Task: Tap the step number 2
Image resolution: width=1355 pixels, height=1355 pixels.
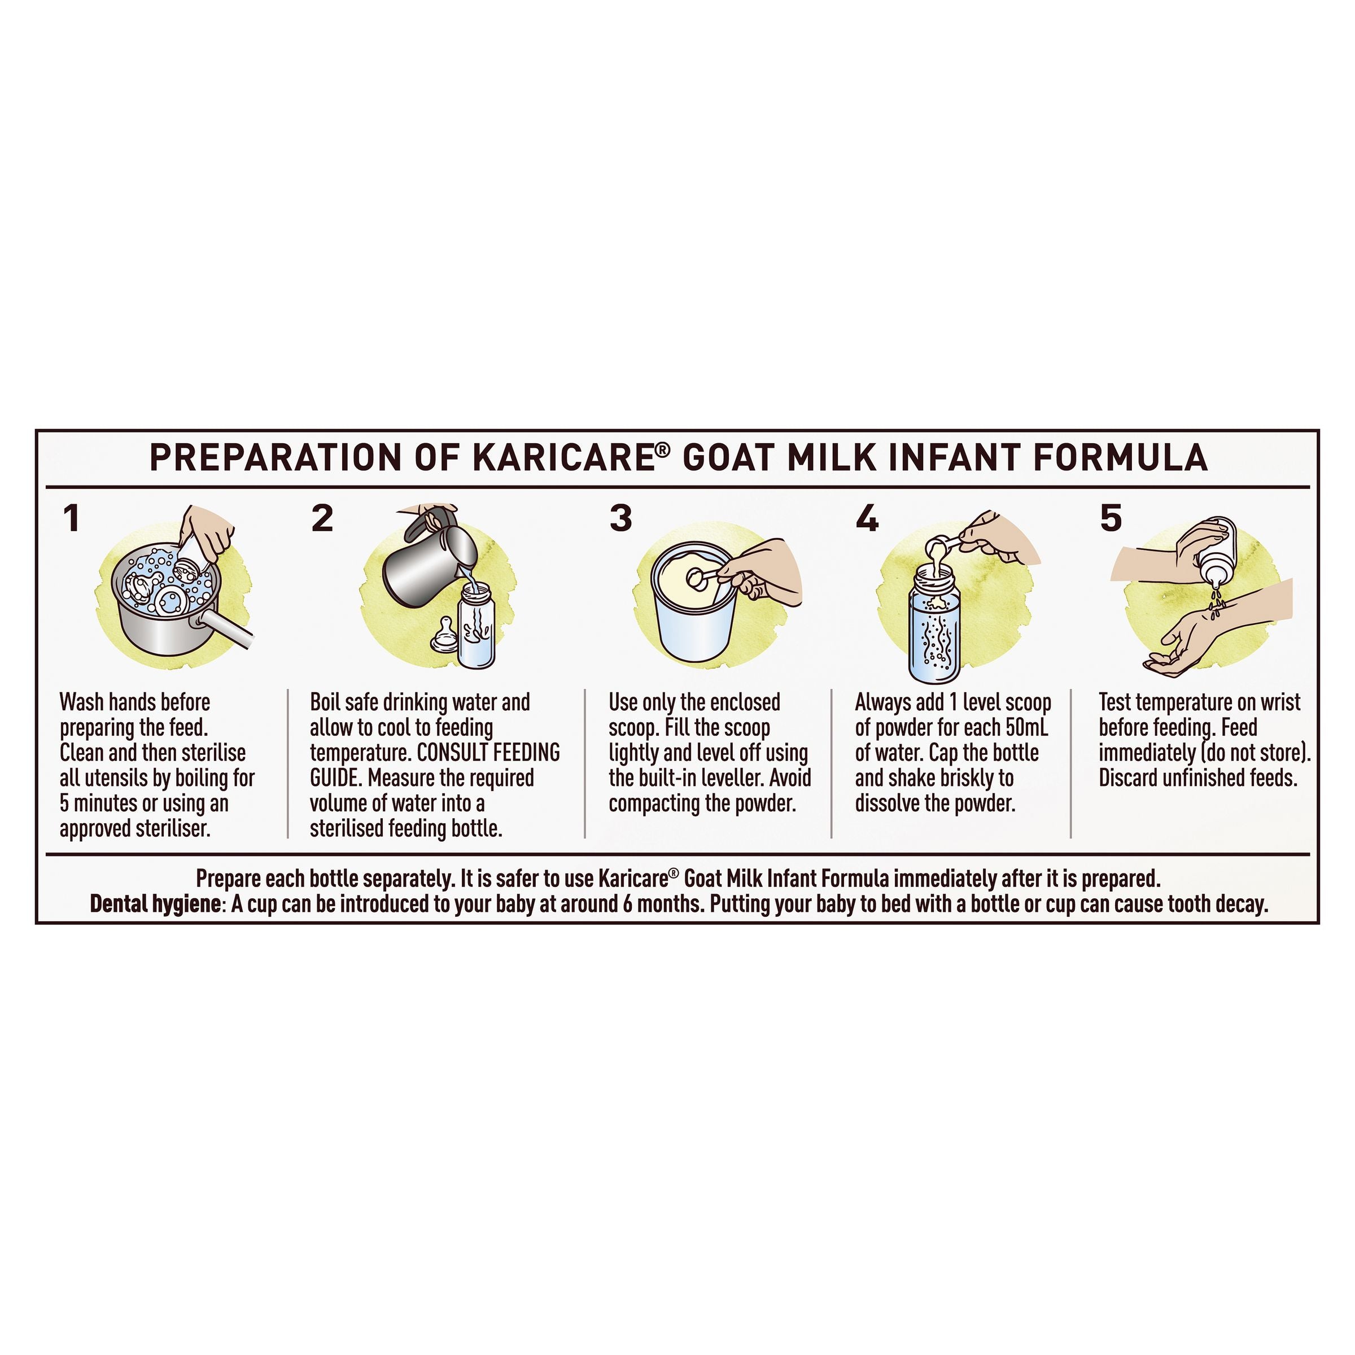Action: click(322, 518)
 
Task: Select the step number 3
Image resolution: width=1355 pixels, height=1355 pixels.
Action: click(620, 518)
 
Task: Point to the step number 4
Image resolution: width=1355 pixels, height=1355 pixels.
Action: click(868, 518)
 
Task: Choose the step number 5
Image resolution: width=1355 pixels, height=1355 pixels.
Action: click(1111, 518)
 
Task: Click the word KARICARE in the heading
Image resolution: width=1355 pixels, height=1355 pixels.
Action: click(564, 457)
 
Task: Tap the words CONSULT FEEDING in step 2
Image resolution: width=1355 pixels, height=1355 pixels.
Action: click(489, 753)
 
